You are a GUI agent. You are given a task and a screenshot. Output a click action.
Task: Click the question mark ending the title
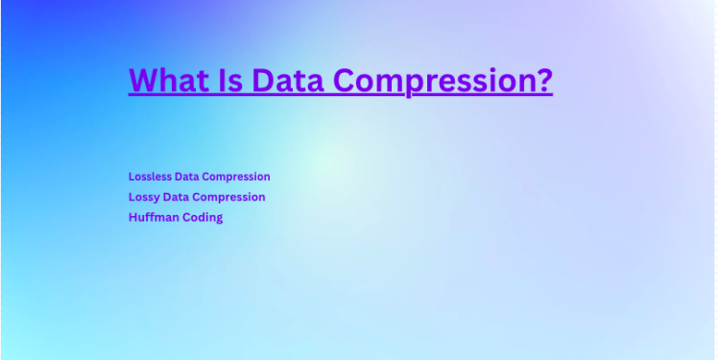click(543, 81)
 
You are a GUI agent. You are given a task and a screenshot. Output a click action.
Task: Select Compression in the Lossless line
click(239, 177)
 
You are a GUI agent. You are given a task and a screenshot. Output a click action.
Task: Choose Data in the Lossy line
click(180, 197)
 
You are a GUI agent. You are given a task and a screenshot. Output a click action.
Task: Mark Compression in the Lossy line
click(230, 197)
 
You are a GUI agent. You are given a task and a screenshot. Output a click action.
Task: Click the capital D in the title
click(263, 81)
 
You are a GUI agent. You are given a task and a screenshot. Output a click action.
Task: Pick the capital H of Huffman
click(132, 218)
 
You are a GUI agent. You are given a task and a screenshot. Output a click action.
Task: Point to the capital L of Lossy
click(132, 197)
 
